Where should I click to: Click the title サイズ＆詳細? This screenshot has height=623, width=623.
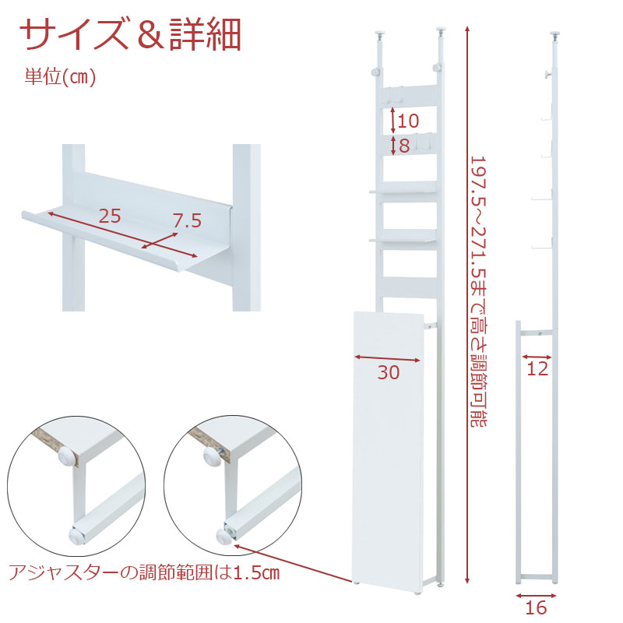click(130, 33)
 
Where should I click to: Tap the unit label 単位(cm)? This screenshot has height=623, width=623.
click(61, 76)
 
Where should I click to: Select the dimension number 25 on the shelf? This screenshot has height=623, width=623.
click(110, 216)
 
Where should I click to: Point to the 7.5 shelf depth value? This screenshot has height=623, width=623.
click(187, 220)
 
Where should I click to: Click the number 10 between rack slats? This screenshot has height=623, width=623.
click(408, 121)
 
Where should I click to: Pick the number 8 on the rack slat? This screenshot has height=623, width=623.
click(404, 146)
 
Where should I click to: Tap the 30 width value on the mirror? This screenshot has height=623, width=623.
click(388, 373)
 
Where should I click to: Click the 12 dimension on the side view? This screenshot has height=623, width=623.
click(537, 368)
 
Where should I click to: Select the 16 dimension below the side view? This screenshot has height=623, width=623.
click(536, 608)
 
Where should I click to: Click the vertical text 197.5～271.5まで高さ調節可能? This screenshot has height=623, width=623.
click(479, 291)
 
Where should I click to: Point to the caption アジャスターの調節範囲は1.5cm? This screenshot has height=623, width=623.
click(144, 573)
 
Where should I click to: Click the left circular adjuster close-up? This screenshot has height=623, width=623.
click(76, 486)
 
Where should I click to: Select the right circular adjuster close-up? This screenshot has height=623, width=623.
click(233, 486)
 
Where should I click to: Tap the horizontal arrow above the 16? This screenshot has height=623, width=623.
click(536, 596)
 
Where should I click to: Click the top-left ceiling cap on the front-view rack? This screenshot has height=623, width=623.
click(381, 33)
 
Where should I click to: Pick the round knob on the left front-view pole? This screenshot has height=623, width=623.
click(376, 72)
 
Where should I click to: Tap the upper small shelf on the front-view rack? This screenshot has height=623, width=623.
click(403, 188)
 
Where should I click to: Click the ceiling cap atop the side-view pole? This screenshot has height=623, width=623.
click(555, 34)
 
